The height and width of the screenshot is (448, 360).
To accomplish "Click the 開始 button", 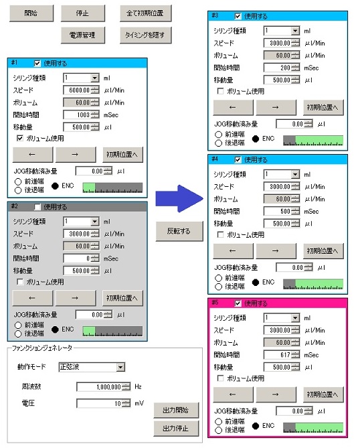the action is tap(31, 13).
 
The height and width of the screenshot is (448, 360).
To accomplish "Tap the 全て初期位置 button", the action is tap(145, 13).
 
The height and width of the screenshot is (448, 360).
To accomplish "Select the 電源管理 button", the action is tap(82, 35).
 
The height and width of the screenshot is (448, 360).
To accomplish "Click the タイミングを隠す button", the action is tap(145, 35).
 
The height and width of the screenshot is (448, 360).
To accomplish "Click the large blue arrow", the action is tap(179, 199).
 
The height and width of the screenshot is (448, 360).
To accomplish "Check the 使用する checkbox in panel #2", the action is tap(37, 207).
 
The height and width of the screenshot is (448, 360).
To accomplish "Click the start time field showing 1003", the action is tap(77, 115).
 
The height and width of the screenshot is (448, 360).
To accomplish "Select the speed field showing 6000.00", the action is tap(77, 90).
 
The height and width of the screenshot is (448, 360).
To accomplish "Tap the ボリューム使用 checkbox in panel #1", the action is tap(19, 139).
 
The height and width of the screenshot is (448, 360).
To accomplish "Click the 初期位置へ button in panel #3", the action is tap(323, 107).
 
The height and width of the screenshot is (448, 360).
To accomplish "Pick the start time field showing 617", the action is tap(278, 355).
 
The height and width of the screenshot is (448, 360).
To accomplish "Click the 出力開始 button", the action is tap(176, 410).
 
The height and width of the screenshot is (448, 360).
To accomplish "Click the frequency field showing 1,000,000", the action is tap(99, 387).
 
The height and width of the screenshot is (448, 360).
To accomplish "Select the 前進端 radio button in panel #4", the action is tap(218, 278).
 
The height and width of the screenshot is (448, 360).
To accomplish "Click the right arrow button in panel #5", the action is tap(276, 394).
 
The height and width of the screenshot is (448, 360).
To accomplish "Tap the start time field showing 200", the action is tap(278, 68).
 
